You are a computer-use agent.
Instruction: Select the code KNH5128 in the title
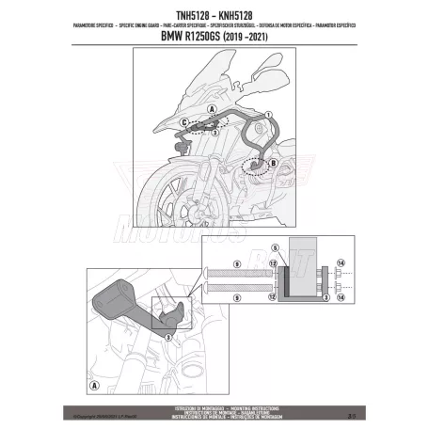[239, 12]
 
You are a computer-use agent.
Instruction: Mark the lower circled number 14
[340, 295]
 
